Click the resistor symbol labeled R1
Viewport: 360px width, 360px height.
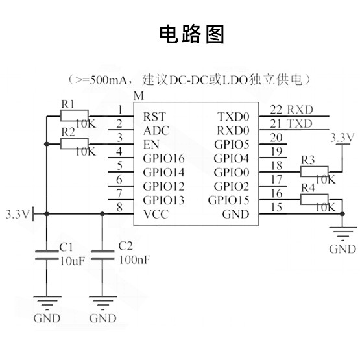pyautogui.click(x=75, y=115)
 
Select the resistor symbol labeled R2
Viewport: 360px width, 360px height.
pyautogui.click(x=75, y=144)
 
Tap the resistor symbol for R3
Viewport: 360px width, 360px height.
pyautogui.click(x=315, y=171)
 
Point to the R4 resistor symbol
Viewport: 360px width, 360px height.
pyautogui.click(x=315, y=199)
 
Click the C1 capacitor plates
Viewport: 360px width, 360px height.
pyautogui.click(x=47, y=255)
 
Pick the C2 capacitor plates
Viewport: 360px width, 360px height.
pyautogui.click(x=102, y=255)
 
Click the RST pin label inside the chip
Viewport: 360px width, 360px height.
pyautogui.click(x=154, y=117)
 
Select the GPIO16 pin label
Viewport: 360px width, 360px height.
pyautogui.click(x=163, y=158)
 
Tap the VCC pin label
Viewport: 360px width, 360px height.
pyautogui.click(x=156, y=214)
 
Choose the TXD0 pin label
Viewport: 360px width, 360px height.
pyautogui.click(x=234, y=117)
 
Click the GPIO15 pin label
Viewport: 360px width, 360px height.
pyautogui.click(x=229, y=200)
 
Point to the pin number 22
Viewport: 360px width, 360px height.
pyautogui.click(x=276, y=110)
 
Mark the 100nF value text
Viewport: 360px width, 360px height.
pyautogui.click(x=135, y=260)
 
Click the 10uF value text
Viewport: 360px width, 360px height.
pyautogui.click(x=73, y=261)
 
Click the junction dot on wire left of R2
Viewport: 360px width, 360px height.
pyautogui.click(x=47, y=144)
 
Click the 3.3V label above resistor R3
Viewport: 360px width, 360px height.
pyautogui.click(x=342, y=138)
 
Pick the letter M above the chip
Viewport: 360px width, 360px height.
pyautogui.click(x=139, y=96)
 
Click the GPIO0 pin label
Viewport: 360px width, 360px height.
pyautogui.click(x=232, y=173)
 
